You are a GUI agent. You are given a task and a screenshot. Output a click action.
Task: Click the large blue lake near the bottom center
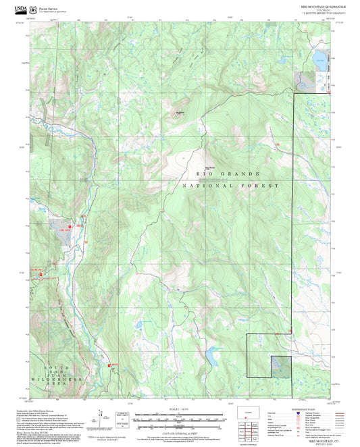point(211,357)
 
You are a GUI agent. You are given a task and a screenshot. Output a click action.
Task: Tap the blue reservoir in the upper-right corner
point(316,57)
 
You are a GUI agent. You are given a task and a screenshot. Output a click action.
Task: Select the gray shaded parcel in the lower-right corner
point(281,367)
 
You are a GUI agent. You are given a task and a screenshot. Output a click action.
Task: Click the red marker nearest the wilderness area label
point(108,365)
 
